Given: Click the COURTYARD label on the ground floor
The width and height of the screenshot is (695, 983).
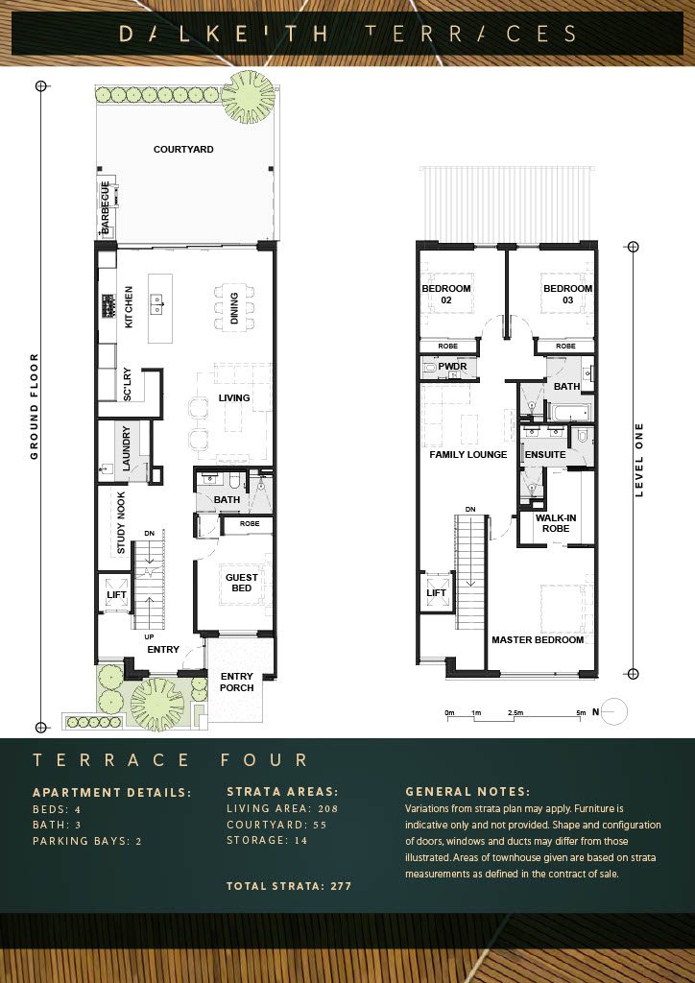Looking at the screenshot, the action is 183,149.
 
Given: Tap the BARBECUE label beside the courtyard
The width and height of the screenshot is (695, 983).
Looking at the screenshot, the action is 106,207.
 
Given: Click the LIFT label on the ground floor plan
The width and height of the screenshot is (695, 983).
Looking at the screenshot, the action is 116,594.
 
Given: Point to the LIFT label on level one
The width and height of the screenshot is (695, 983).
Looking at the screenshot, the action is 436,592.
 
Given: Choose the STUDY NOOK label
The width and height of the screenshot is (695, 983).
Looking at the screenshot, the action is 121,523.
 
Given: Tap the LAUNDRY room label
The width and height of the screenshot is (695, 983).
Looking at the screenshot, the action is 126,449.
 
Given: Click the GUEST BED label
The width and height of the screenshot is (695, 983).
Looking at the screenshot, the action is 241,583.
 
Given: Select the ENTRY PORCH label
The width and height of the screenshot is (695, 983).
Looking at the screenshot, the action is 237,683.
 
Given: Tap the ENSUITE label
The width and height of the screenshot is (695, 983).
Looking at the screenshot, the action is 545,454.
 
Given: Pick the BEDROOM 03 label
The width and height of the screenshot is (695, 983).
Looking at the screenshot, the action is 567,294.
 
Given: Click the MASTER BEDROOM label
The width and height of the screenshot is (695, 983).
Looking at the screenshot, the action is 538,640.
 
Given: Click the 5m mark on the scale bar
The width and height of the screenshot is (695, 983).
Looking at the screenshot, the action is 582,713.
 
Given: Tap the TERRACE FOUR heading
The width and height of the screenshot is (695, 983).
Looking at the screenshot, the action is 171,760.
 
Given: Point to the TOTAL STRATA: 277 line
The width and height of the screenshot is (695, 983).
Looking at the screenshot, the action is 289,886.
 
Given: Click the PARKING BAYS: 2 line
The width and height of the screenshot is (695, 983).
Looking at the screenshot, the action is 87,841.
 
